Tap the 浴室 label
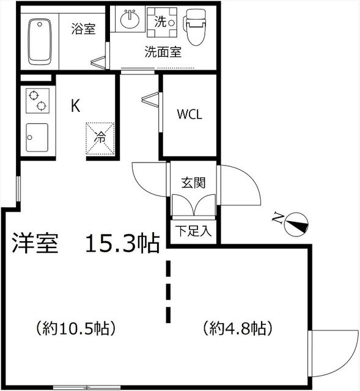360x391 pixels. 83,28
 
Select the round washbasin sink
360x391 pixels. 130,20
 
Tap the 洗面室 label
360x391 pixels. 163,52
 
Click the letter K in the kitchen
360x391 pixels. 75,106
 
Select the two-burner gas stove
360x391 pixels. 36,101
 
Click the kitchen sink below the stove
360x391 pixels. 37,138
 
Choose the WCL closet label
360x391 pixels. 189,114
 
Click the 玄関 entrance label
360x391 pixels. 193,182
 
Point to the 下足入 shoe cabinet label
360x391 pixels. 193,232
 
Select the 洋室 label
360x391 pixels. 35,243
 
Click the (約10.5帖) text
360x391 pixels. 76,328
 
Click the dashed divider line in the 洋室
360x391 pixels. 168,292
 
